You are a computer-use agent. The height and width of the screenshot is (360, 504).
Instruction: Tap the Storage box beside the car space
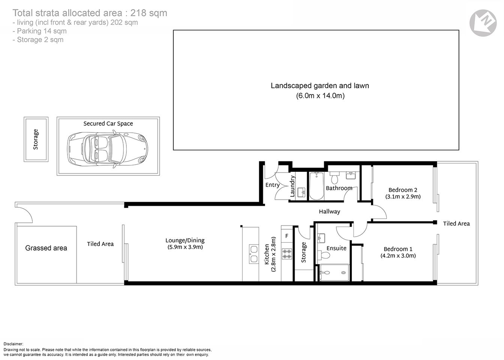click(36, 139)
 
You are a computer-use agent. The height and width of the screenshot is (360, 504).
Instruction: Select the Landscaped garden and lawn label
click(319, 85)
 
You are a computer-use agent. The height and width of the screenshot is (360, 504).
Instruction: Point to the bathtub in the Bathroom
click(316, 186)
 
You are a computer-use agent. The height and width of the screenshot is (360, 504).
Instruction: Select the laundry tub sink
click(301, 193)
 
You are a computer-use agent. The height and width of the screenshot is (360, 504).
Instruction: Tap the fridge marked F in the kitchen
click(287, 236)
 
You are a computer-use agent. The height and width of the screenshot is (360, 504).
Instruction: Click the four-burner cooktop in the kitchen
click(287, 254)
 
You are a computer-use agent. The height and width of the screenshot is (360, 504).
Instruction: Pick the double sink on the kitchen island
click(254, 254)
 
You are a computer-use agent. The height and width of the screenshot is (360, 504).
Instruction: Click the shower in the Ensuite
click(334, 273)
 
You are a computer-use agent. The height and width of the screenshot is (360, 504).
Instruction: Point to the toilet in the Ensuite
click(324, 255)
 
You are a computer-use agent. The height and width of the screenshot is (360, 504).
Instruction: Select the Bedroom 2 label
click(403, 190)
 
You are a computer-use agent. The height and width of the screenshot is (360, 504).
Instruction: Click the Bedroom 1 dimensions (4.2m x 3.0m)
click(398, 256)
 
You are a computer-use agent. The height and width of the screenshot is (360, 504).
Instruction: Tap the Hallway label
click(329, 211)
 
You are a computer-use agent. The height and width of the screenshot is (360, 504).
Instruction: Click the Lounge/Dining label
click(185, 240)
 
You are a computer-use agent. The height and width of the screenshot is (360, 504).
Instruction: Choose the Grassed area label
click(46, 248)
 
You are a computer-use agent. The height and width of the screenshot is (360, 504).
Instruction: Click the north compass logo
click(483, 23)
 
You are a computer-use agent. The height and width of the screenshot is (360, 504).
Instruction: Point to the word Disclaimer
click(13, 344)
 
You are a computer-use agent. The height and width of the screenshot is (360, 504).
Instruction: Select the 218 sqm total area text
click(148, 13)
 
